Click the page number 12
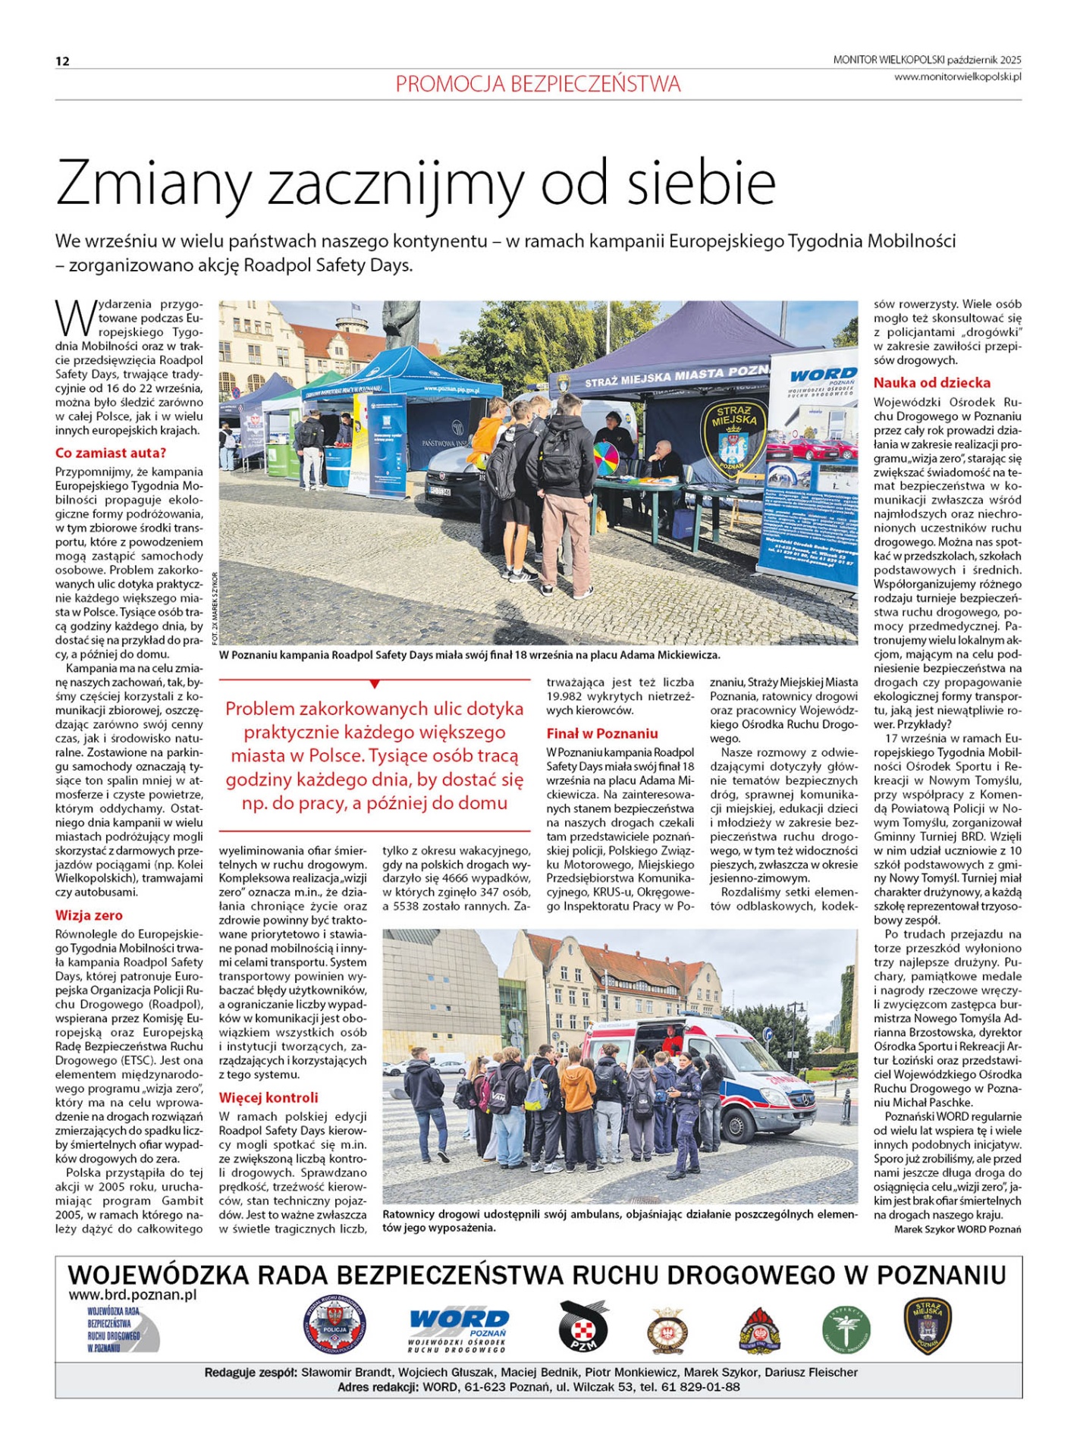coord(62,61)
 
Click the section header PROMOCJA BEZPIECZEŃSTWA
coord(538,84)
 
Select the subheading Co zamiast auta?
coord(110,453)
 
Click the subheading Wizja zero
coord(89,915)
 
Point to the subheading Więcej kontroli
coord(268,1097)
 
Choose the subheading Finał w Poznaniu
coord(602,733)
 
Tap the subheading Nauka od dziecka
coord(931,383)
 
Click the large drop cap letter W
coord(75,318)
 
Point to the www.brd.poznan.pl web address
coord(133,1295)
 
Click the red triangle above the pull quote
coord(375,684)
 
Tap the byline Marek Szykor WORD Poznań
coord(957,1229)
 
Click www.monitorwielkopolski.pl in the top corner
coord(957,77)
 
